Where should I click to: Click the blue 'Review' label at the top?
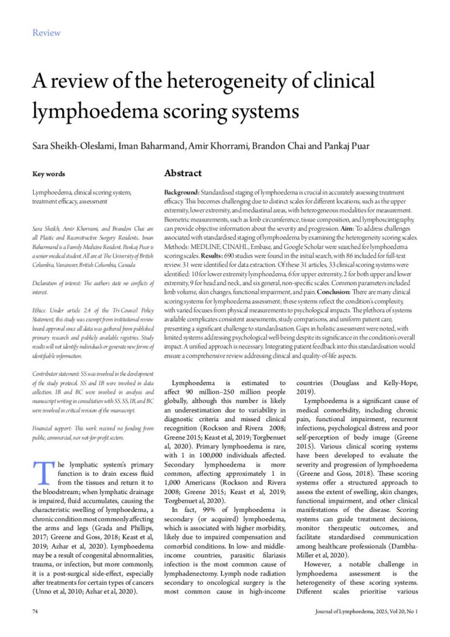coord(47,32)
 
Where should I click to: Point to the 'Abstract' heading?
coord(183,173)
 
